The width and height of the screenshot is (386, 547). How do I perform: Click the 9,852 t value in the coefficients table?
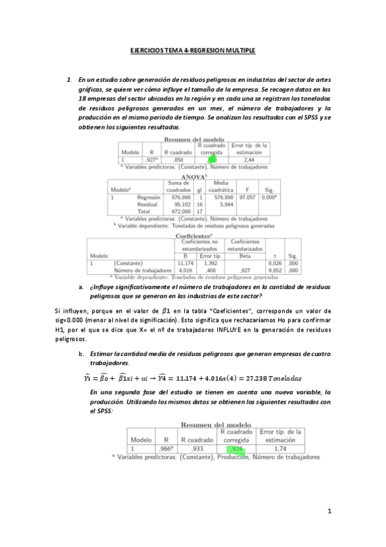[x=275, y=270]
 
